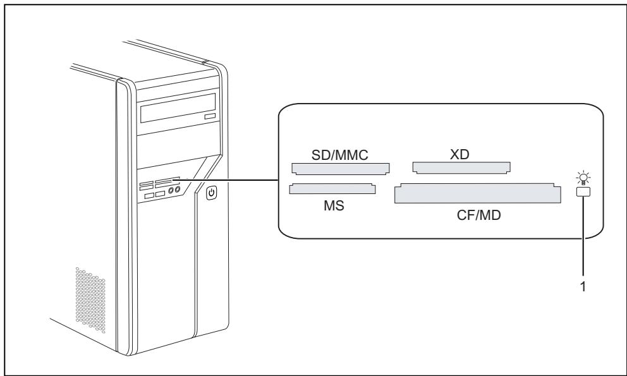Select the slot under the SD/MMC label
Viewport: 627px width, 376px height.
pyautogui.click(x=341, y=169)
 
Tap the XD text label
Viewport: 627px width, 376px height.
pyautogui.click(x=460, y=155)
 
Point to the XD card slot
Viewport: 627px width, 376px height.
pyautogui.click(x=461, y=167)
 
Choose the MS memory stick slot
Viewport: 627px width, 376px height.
pyautogui.click(x=332, y=188)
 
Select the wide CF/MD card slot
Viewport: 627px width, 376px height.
pyautogui.click(x=477, y=193)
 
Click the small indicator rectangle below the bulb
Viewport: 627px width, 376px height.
pyautogui.click(x=581, y=191)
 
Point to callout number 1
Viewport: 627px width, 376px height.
pyautogui.click(x=583, y=286)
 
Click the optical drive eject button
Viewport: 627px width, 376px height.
pyautogui.click(x=209, y=118)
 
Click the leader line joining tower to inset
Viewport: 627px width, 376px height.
pyautogui.click(x=228, y=180)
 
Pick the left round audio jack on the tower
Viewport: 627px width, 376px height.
pyautogui.click(x=171, y=190)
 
